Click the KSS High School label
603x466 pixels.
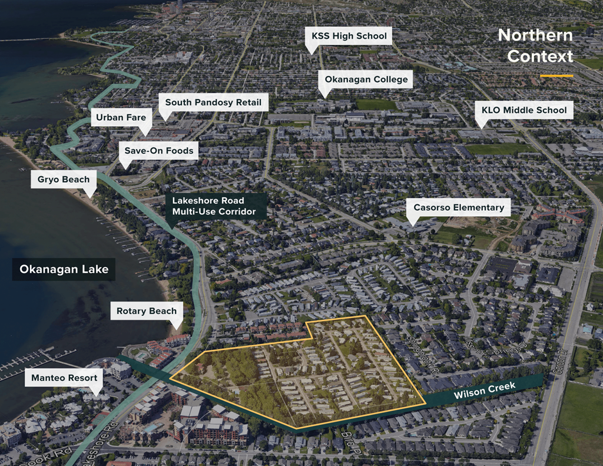(x=349, y=36)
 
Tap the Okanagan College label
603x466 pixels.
(x=366, y=80)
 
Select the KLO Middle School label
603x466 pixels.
(x=524, y=110)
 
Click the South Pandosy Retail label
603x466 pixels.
(x=213, y=103)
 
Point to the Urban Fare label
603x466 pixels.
(x=121, y=117)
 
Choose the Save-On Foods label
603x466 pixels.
(x=158, y=151)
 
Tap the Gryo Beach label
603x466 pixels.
(x=64, y=180)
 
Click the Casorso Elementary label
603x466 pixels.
(x=459, y=207)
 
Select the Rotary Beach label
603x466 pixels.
(x=147, y=311)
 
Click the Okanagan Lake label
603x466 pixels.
(x=64, y=269)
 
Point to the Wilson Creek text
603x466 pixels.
(x=484, y=391)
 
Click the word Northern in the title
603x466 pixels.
(x=535, y=35)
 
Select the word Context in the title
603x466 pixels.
(x=540, y=57)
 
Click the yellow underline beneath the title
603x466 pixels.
(x=556, y=76)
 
